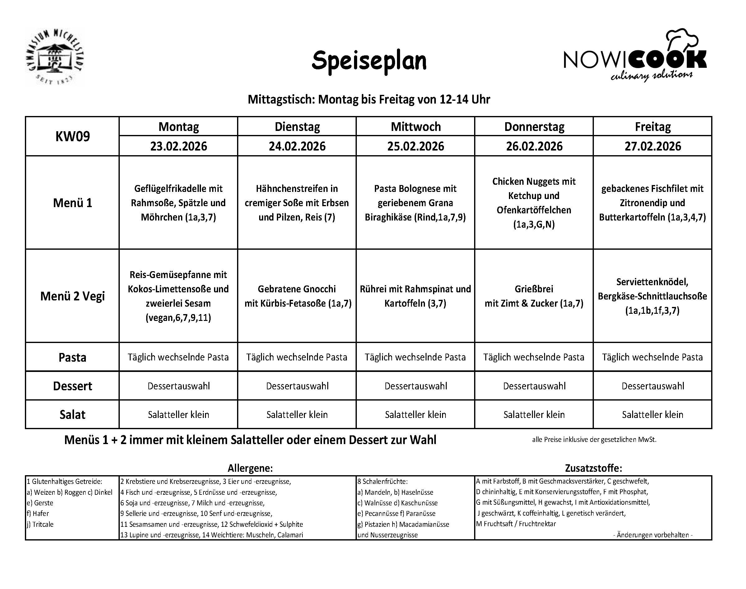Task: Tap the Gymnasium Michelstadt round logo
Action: pos(54,57)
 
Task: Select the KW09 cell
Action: pos(72,137)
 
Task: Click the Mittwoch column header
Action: pos(416,127)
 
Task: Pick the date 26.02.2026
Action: pos(534,146)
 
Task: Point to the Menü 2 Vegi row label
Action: pos(72,296)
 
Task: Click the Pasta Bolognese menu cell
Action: pos(415,203)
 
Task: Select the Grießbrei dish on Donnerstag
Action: pos(534,296)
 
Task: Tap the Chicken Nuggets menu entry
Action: pos(534,203)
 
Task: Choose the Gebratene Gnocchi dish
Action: pos(297,296)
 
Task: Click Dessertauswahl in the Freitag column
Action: pos(653,386)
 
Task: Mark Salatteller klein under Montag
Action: pos(178,415)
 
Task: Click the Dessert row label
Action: pos(72,386)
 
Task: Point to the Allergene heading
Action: pos(250,468)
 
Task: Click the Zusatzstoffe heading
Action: pos(594,468)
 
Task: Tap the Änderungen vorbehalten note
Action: pos(653,535)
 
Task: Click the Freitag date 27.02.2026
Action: pos(653,146)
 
